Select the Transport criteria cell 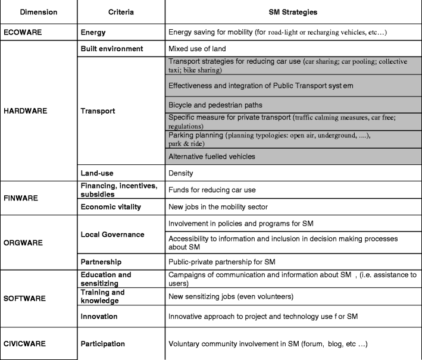pos(98,111)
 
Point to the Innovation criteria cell pos(99,316)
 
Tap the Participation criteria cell pos(104,344)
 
